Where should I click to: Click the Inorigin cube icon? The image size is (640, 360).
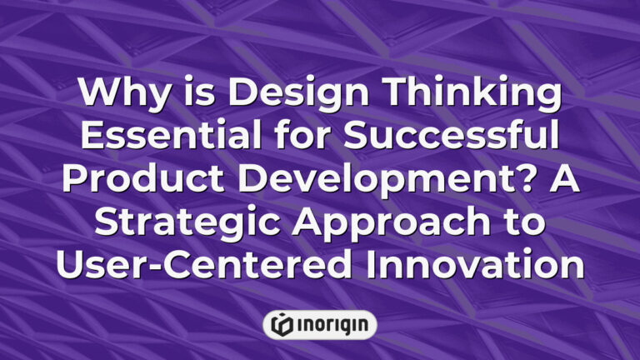(x=282, y=324)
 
